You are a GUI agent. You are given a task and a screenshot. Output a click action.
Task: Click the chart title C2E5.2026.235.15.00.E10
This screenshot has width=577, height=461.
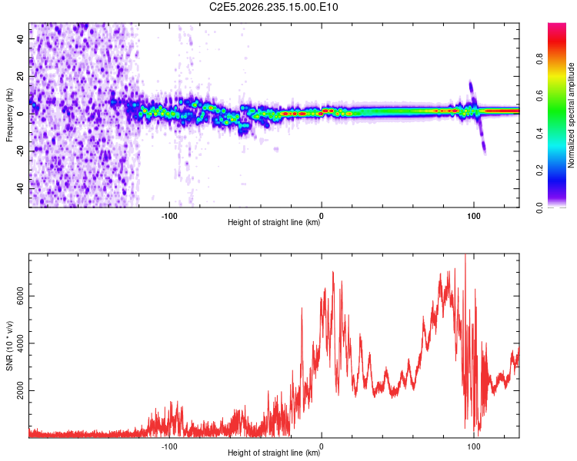[x=273, y=7]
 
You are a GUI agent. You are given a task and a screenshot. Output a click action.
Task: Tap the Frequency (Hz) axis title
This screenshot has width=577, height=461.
[x=9, y=115]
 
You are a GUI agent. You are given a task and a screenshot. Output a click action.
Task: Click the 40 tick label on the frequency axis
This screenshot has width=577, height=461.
[x=20, y=38]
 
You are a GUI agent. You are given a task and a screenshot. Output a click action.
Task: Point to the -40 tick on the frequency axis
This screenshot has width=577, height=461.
[x=20, y=189]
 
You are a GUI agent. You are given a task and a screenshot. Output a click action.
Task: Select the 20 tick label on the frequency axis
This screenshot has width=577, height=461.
[x=20, y=76]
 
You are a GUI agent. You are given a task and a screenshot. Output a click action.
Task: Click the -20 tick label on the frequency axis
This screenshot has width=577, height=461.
[x=20, y=151]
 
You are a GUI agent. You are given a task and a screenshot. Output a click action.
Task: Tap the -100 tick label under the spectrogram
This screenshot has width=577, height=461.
[x=169, y=216]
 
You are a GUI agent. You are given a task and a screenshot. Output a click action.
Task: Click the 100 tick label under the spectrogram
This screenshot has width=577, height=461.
[x=474, y=216]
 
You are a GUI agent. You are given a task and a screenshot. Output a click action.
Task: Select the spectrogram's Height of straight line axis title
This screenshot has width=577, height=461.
[x=274, y=222]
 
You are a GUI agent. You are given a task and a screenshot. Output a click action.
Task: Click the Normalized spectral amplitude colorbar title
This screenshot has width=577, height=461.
[x=571, y=115]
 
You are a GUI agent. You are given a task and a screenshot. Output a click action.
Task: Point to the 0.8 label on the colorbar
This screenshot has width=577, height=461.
[x=539, y=59]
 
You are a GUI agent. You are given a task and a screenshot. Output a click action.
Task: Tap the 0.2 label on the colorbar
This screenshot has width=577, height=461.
[x=539, y=171]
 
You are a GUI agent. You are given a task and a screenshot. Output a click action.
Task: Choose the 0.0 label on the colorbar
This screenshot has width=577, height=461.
[x=539, y=207]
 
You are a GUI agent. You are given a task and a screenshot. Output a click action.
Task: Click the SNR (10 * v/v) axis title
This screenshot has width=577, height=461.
[x=9, y=346]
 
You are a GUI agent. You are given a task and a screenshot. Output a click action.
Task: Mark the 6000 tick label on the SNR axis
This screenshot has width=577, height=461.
[x=20, y=296]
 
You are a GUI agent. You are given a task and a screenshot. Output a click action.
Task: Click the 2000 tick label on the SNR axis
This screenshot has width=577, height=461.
[x=20, y=390]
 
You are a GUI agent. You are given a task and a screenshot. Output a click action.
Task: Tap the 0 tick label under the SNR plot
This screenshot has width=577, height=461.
[x=322, y=446]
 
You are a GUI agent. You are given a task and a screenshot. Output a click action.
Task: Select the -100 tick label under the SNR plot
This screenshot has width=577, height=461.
[x=169, y=446]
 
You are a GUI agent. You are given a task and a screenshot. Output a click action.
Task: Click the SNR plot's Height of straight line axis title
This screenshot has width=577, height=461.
[x=274, y=453]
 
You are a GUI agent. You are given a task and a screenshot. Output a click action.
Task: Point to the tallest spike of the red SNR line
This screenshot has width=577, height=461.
[x=465, y=255]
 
